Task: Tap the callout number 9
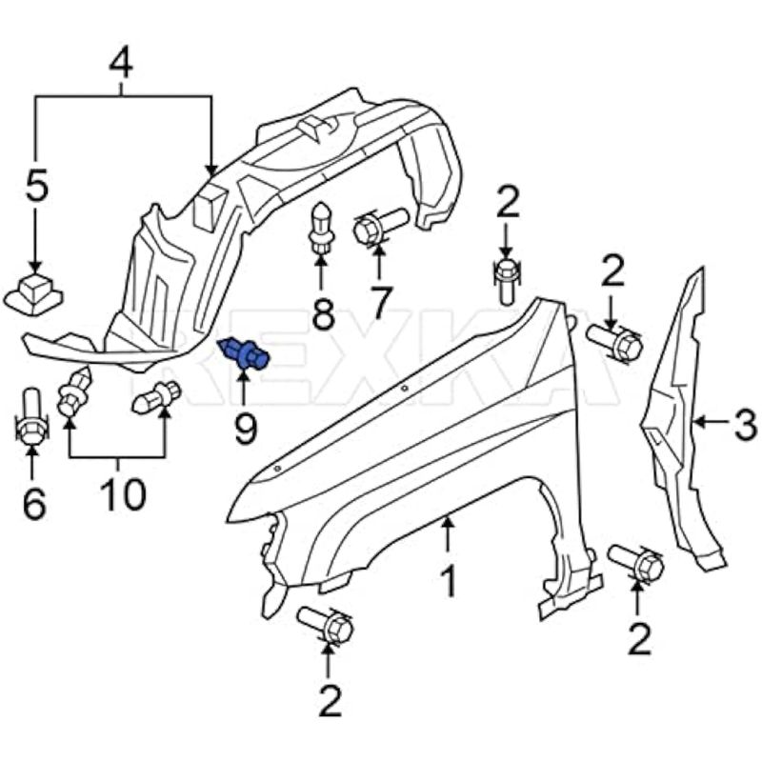pyautogui.click(x=246, y=430)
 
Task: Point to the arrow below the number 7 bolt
pyautogui.click(x=379, y=265)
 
